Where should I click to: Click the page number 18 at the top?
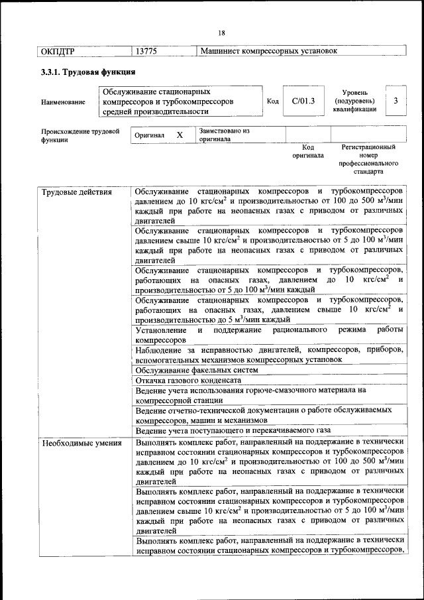(x=221, y=33)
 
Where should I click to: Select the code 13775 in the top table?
(x=146, y=51)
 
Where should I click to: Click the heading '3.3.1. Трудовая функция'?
(x=88, y=72)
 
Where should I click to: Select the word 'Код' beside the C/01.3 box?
(x=272, y=101)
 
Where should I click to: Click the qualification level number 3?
(x=395, y=101)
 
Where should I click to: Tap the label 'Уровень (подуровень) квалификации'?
(x=356, y=101)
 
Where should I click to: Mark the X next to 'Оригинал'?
(x=179, y=135)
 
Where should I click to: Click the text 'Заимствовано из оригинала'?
(x=224, y=135)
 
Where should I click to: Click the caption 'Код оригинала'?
(x=308, y=151)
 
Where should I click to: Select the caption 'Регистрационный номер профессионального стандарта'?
(x=368, y=158)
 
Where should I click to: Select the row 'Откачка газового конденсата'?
(x=188, y=381)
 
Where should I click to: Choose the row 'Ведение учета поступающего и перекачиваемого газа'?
(x=227, y=431)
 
